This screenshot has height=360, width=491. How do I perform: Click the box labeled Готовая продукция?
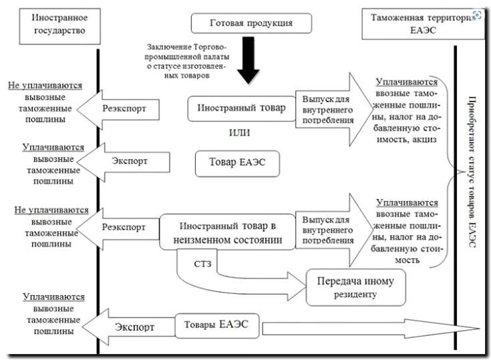coord(251,23)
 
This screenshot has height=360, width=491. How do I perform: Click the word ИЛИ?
coord(239,132)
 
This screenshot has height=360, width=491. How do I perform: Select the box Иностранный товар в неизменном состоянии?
coord(228,231)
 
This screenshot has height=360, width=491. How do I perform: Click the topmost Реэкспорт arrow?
coord(127,108)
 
